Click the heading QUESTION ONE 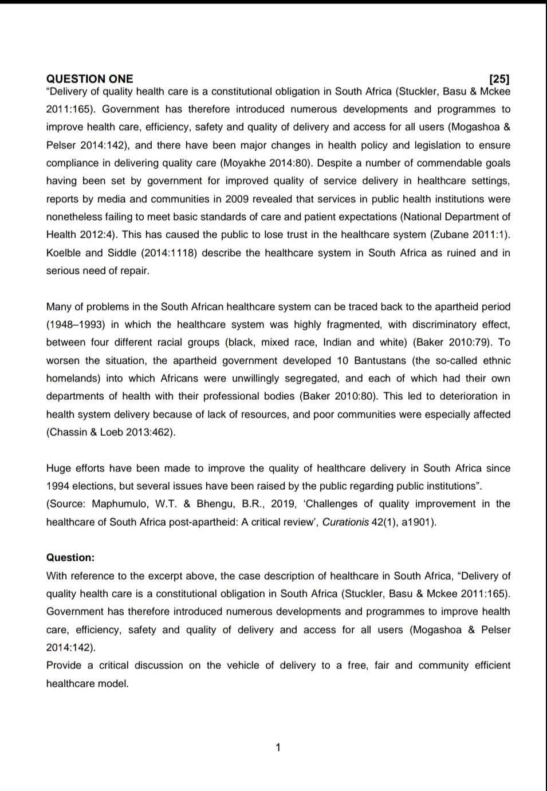(89, 79)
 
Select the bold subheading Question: (70, 557)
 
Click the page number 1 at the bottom (278, 747)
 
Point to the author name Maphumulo (119, 504)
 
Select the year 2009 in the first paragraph (237, 199)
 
